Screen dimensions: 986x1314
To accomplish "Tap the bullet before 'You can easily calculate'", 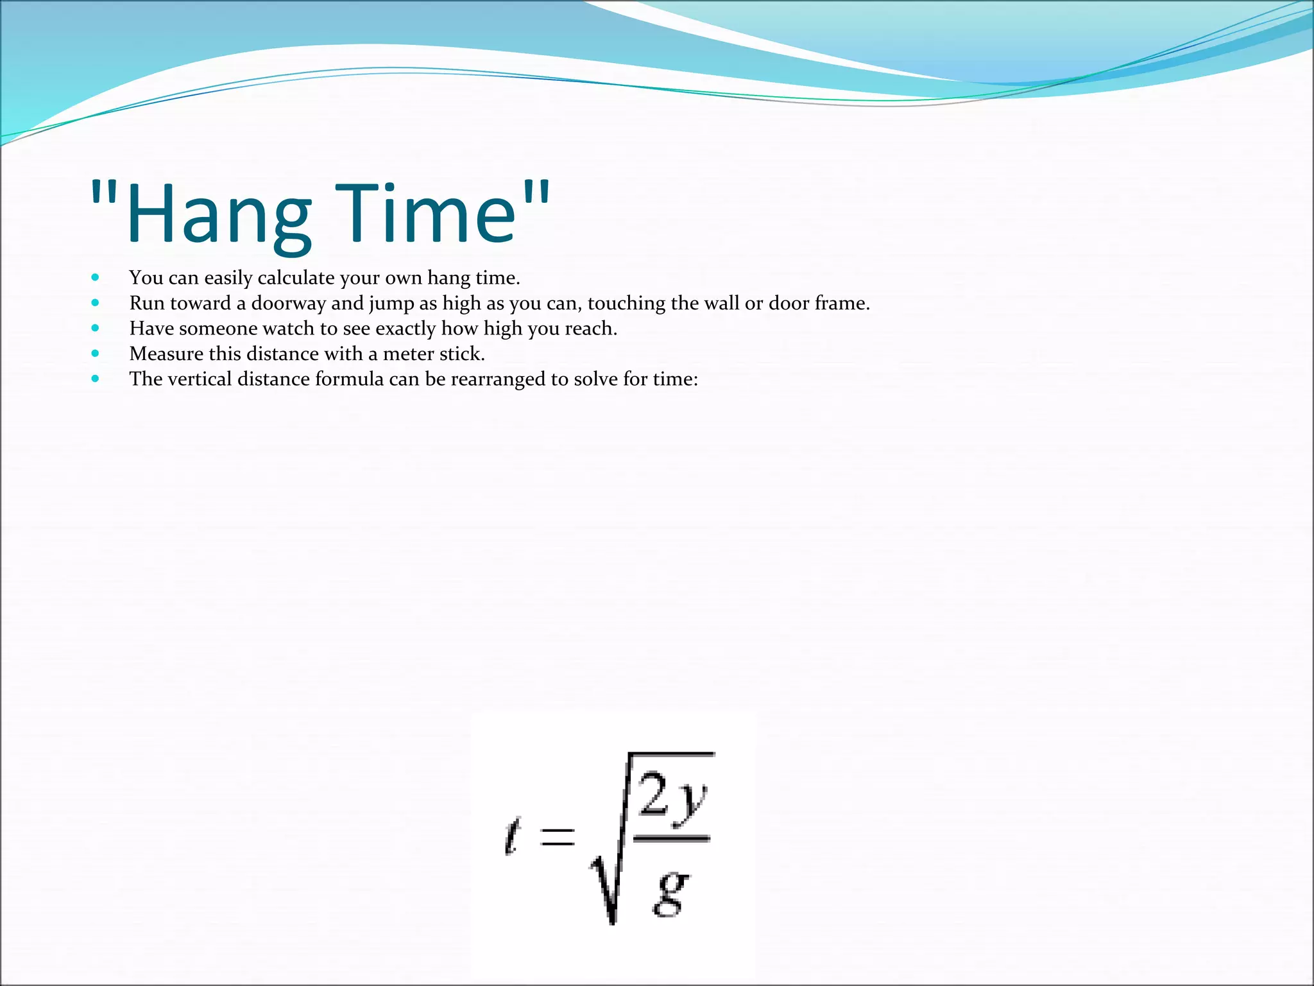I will pos(96,277).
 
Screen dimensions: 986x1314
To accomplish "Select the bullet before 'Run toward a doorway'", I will pos(96,302).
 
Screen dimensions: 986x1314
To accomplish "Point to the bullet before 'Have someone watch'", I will pos(96,328).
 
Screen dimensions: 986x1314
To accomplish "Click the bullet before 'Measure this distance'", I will pos(96,353).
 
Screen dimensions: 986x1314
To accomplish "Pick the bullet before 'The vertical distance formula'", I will pos(96,379).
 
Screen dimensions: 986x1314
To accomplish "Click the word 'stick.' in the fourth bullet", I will pos(463,354).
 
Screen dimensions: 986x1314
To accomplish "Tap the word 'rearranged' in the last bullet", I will pos(498,379).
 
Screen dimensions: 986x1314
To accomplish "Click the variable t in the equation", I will pos(511,836).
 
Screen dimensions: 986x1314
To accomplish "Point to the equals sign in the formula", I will pos(556,836).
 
